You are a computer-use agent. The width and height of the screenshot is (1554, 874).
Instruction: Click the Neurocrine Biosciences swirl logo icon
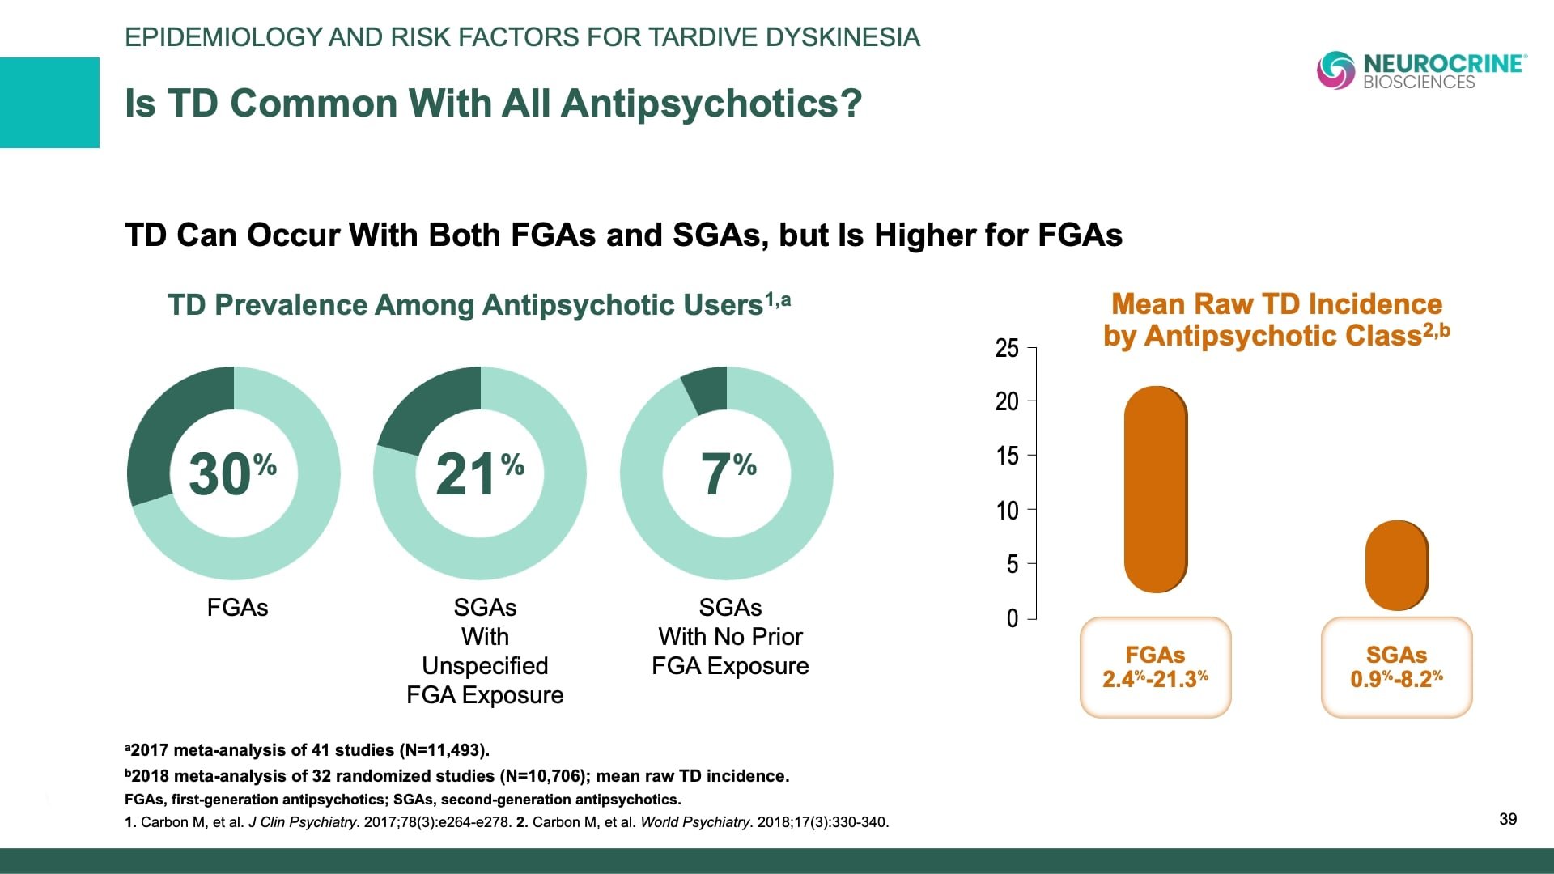point(1335,70)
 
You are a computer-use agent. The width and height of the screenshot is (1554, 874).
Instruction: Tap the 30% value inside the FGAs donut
point(232,473)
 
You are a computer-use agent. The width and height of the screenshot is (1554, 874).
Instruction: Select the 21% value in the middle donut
point(479,473)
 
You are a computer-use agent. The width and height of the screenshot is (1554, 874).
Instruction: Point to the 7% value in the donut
point(728,473)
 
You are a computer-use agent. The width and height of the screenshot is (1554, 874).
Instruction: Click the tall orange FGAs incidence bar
point(1155,490)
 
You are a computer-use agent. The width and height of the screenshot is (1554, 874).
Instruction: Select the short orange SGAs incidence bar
point(1396,565)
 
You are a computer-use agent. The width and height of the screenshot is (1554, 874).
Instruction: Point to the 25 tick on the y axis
point(1007,348)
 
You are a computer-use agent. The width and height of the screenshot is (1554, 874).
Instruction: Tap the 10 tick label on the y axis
point(1007,511)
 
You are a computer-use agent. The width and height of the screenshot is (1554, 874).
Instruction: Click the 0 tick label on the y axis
point(1012,619)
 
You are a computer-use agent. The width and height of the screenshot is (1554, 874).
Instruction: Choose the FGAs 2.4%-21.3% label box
point(1155,667)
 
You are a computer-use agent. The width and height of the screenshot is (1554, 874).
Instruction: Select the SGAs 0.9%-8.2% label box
point(1396,667)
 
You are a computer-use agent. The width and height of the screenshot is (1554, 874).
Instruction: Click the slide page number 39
point(1508,819)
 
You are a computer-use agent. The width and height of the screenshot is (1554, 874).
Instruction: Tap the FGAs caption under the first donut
point(237,608)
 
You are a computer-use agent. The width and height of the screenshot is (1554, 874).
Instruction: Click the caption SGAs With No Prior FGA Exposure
point(730,637)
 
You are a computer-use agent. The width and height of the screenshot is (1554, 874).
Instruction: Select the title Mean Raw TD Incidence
point(1276,304)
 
